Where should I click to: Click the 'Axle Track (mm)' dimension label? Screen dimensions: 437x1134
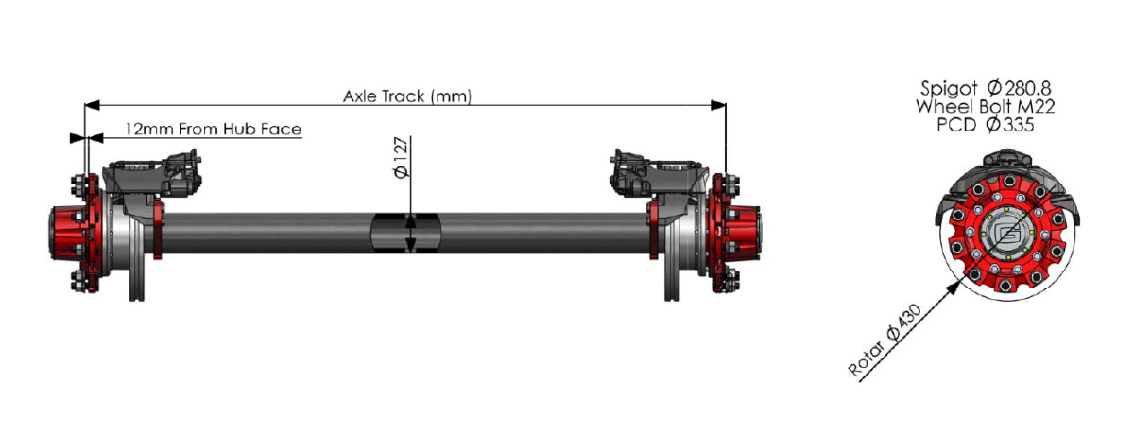pyautogui.click(x=406, y=96)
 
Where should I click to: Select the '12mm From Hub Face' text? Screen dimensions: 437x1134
pyautogui.click(x=213, y=128)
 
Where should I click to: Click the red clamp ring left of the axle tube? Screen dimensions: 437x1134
pyautogui.click(x=158, y=230)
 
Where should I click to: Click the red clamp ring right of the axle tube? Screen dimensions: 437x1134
pyautogui.click(x=653, y=230)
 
